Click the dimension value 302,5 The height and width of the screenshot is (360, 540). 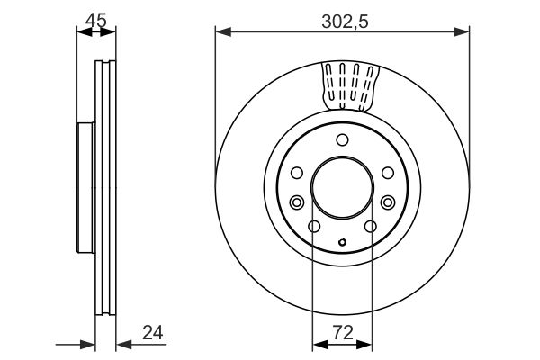tap(345, 22)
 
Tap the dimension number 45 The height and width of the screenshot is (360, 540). tap(96, 21)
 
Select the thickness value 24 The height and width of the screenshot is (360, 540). tap(153, 332)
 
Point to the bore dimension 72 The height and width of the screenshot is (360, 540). tap(344, 333)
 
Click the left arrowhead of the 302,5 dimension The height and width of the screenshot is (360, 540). tap(223, 32)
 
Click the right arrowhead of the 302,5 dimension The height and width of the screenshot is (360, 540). tap(462, 32)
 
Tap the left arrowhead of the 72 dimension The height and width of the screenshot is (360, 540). tap(320, 344)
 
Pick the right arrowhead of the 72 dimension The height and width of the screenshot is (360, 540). tap(364, 344)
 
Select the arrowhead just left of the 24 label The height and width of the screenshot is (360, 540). tap(124, 344)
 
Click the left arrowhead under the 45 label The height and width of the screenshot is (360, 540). tap(85, 32)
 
